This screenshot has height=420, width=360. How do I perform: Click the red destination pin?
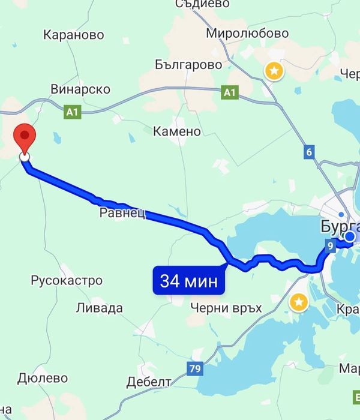tap(25, 137)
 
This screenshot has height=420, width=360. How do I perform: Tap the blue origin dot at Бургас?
tap(349, 237)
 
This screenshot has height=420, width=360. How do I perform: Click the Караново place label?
tap(74, 35)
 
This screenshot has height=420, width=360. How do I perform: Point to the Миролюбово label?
tap(247, 34)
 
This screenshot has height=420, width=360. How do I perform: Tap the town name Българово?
tap(188, 64)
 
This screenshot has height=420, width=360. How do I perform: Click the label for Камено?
tap(177, 131)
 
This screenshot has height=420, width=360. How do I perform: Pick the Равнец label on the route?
tap(122, 213)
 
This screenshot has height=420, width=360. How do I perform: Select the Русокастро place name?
tap(67, 280)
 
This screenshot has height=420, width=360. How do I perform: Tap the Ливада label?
tap(100, 308)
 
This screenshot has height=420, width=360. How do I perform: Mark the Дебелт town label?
tap(149, 382)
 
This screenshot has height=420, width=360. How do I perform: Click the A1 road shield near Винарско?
tap(72, 112)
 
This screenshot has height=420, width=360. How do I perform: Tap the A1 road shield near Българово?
tap(229, 92)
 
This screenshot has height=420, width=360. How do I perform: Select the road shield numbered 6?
tap(310, 152)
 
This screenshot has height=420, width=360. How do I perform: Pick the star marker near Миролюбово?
tap(274, 71)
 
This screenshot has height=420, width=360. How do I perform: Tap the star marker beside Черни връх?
tap(298, 303)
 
